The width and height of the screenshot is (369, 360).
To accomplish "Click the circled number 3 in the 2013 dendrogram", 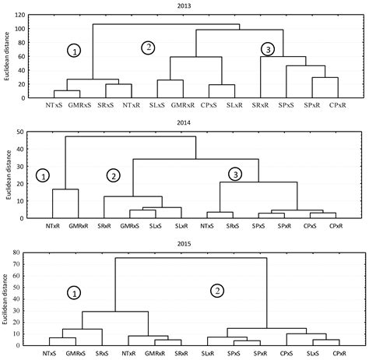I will pyautogui.click(x=268, y=50).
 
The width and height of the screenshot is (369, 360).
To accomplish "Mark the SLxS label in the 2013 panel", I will pyautogui.click(x=158, y=105).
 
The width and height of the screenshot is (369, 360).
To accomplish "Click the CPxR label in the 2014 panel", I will pyautogui.click(x=336, y=225).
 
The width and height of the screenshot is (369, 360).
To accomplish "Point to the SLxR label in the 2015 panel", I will pyautogui.click(x=207, y=353).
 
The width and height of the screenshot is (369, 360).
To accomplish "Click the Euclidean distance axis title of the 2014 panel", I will pyautogui.click(x=6, y=175).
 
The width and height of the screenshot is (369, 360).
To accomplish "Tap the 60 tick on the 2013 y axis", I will pyautogui.click(x=19, y=55).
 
